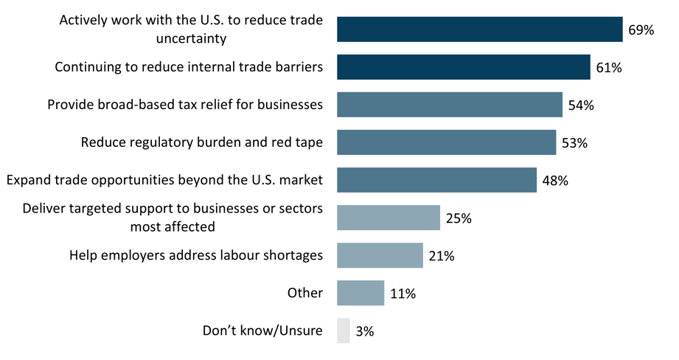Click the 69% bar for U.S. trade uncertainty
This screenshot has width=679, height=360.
[x=479, y=30]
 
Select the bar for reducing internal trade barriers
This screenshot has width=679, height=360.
[x=463, y=67]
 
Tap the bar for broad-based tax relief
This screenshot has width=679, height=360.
[x=449, y=105]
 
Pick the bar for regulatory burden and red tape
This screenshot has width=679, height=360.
[x=446, y=142]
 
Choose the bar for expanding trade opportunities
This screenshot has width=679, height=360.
[x=436, y=180]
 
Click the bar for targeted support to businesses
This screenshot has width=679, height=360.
[x=388, y=218]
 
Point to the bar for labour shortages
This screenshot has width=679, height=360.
[x=380, y=255]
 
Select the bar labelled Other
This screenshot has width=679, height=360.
[x=361, y=293]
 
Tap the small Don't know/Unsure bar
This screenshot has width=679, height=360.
[x=343, y=330]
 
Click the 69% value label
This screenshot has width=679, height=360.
[x=641, y=30]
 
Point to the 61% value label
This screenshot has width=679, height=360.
[x=609, y=68]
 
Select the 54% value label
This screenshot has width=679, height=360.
[x=581, y=105]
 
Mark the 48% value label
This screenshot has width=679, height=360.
[x=554, y=181]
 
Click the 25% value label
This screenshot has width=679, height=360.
[x=458, y=218]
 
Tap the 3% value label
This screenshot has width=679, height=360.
[x=365, y=331]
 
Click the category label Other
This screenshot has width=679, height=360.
[x=305, y=293]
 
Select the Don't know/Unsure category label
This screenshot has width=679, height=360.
[x=262, y=330]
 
